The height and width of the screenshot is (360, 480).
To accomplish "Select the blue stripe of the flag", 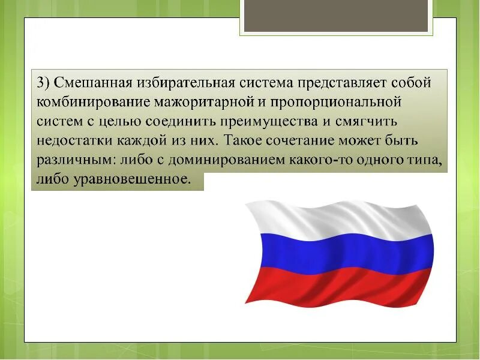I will coord(342,252).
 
